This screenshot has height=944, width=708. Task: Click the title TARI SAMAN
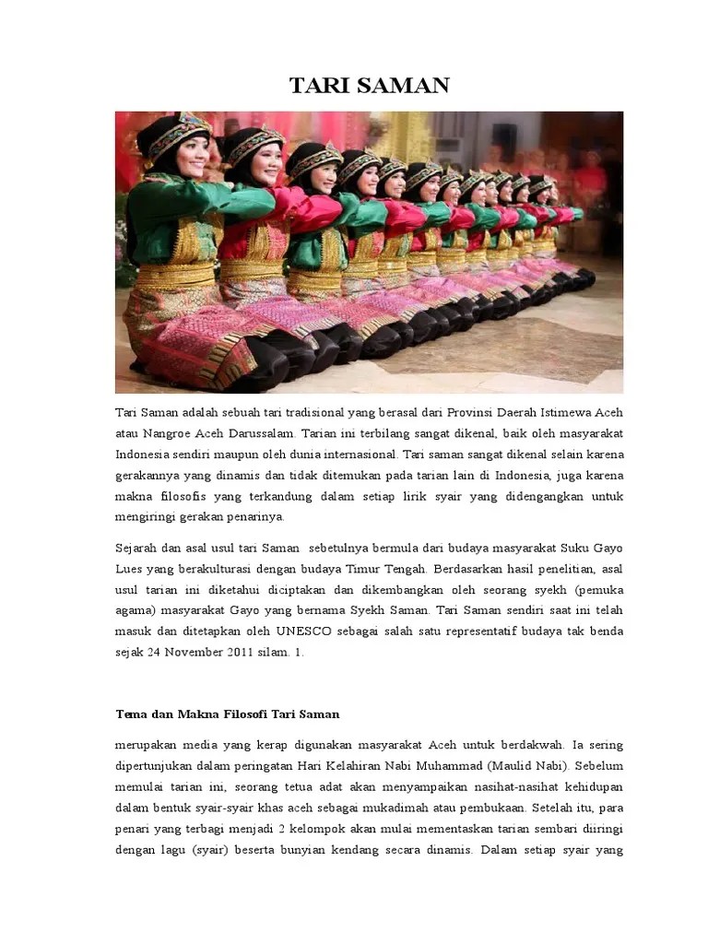click(x=370, y=86)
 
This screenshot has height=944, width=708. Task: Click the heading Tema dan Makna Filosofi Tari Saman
click(x=228, y=714)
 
